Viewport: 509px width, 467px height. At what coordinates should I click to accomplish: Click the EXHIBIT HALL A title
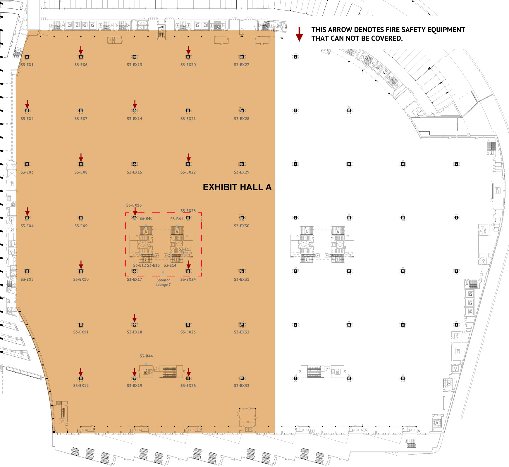[237, 187]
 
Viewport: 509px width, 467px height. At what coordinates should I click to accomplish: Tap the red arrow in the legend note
[299, 34]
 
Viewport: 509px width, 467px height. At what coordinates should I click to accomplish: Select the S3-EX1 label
[27, 65]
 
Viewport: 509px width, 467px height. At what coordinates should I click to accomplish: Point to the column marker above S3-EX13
[135, 57]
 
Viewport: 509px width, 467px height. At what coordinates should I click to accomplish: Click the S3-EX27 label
[242, 65]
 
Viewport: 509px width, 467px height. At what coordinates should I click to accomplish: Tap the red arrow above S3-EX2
[27, 104]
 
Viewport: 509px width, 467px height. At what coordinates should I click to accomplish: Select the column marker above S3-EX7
[81, 110]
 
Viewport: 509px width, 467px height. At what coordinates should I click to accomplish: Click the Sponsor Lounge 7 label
[163, 282]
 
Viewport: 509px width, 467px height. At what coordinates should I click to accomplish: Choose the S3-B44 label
[146, 356]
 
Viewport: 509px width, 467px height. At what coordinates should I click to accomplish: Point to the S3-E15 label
[185, 249]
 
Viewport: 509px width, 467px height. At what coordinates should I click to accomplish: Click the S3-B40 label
[146, 218]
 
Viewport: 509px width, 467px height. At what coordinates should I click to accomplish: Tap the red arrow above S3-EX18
[135, 318]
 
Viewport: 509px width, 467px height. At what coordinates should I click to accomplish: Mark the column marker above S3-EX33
[242, 378]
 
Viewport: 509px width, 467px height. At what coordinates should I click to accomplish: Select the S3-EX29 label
[242, 172]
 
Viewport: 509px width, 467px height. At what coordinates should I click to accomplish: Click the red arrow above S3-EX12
[81, 372]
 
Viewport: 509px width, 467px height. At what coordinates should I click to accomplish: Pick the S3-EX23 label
[188, 211]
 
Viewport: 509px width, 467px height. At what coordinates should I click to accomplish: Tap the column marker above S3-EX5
[27, 271]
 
